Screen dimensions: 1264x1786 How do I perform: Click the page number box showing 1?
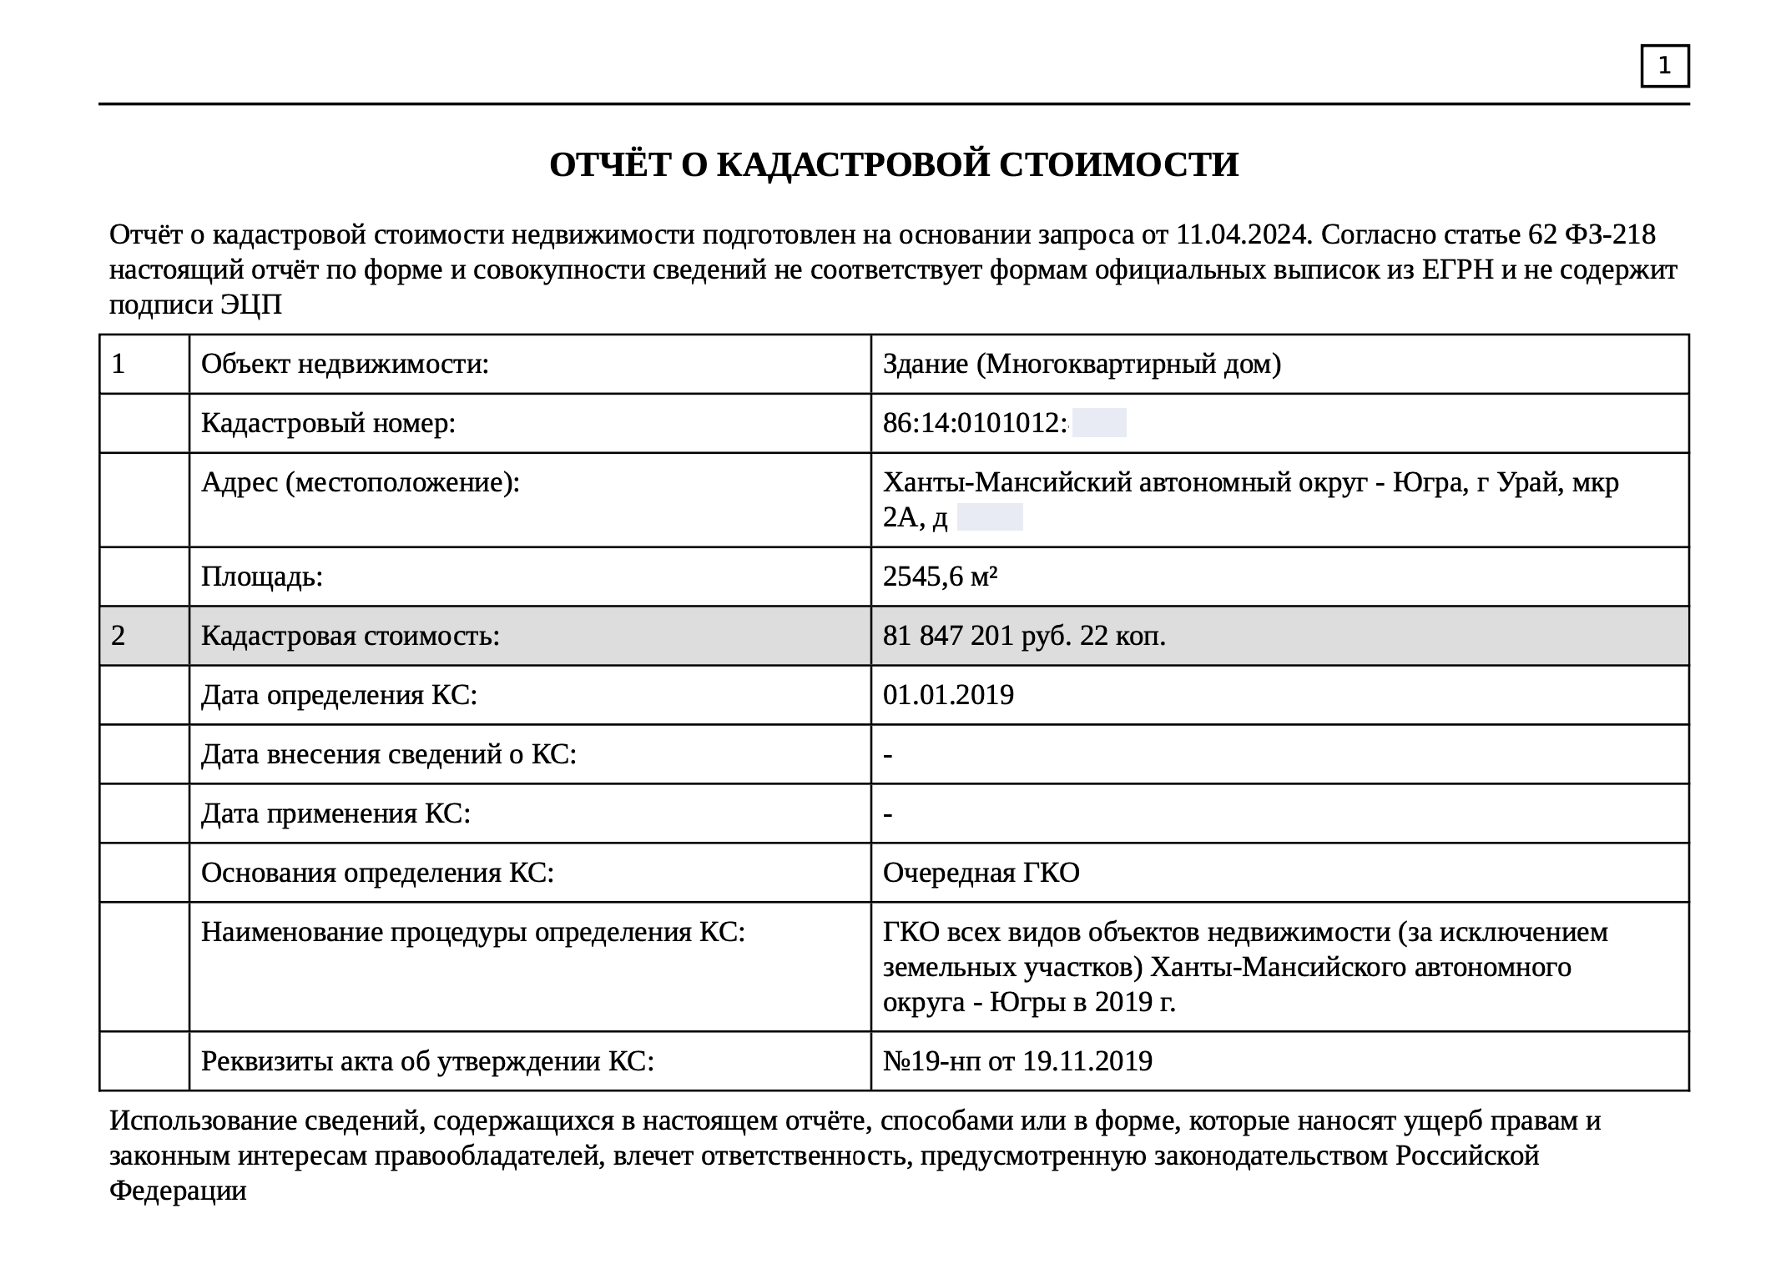tap(1664, 66)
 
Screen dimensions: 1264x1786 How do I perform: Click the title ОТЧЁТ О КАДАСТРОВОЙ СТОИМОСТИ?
tap(894, 165)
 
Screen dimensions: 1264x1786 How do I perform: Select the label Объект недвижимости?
tap(345, 364)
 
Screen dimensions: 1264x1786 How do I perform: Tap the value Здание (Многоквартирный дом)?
tap(1082, 364)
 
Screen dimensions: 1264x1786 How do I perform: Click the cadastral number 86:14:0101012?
tap(975, 424)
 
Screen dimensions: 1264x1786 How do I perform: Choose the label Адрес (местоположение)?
tap(360, 482)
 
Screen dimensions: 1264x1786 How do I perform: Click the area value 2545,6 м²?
tap(940, 577)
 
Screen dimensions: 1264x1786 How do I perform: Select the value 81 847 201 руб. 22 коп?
tap(1024, 636)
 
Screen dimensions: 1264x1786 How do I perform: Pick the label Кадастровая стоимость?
tap(351, 636)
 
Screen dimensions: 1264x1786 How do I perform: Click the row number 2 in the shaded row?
tap(119, 636)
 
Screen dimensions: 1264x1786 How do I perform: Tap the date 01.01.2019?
tap(948, 695)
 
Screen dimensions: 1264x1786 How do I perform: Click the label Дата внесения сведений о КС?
tap(389, 754)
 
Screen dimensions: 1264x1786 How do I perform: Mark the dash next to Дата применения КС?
tap(888, 813)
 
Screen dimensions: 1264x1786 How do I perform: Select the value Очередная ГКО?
tap(981, 873)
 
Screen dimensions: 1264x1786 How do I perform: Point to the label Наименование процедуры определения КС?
tap(472, 932)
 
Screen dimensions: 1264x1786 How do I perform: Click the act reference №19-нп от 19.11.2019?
tap(1017, 1061)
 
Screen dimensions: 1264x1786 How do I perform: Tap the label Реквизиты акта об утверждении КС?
tap(427, 1061)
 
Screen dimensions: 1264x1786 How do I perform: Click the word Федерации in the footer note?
tap(178, 1191)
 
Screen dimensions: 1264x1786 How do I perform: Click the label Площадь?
tap(262, 577)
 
